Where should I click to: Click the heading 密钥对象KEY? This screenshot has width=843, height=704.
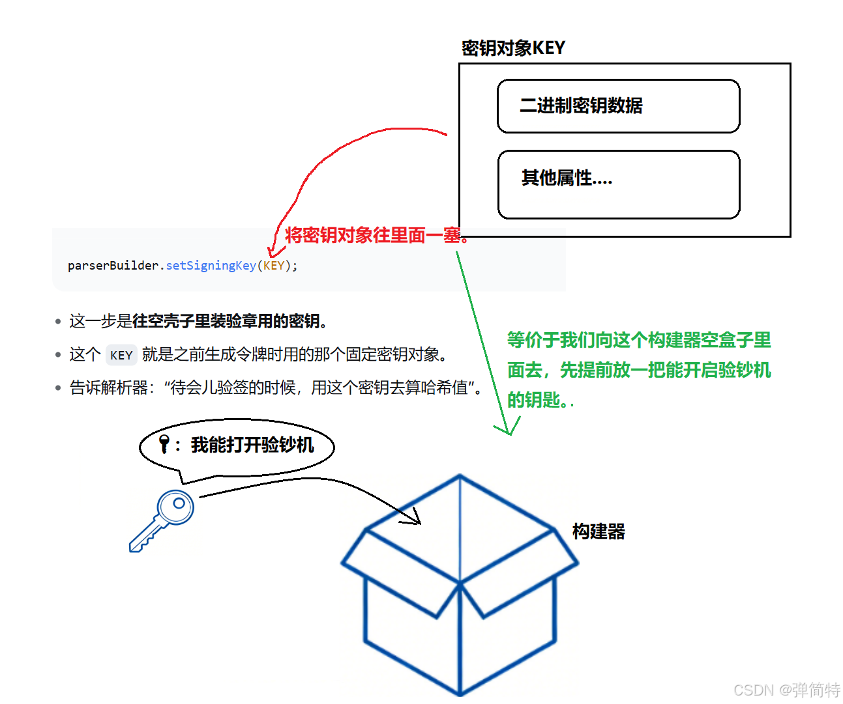[x=513, y=48]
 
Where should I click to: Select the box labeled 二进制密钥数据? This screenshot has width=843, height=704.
[x=618, y=106]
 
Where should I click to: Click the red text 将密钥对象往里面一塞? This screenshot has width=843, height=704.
[x=376, y=235]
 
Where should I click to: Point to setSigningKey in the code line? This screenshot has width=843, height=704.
[x=211, y=266]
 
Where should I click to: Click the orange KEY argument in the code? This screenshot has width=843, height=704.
[x=274, y=266]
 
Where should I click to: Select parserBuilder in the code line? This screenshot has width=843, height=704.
[x=113, y=266]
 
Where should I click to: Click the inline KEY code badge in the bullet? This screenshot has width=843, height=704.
[x=121, y=355]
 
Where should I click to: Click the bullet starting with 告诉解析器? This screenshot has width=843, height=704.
[x=276, y=388]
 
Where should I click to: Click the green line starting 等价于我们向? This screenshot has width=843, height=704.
[x=639, y=340]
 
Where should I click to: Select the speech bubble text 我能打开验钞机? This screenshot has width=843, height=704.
[x=252, y=445]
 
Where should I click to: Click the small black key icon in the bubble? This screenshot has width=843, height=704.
[x=164, y=444]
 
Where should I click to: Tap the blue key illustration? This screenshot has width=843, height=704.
[x=161, y=521]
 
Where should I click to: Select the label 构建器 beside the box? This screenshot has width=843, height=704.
[x=599, y=531]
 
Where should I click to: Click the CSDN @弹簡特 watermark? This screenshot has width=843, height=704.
[x=787, y=690]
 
